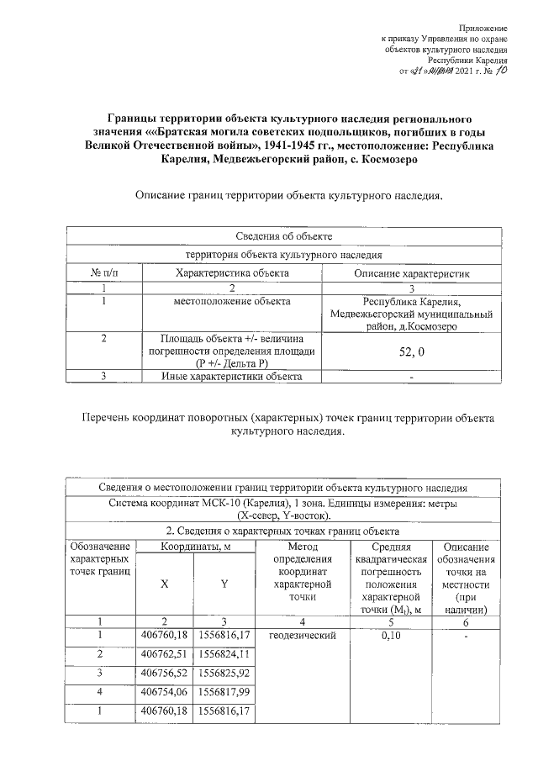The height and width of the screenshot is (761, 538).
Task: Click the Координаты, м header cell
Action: (x=195, y=547)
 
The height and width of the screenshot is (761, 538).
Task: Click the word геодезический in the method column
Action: (x=303, y=635)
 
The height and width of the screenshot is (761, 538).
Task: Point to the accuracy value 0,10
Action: (x=390, y=635)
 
